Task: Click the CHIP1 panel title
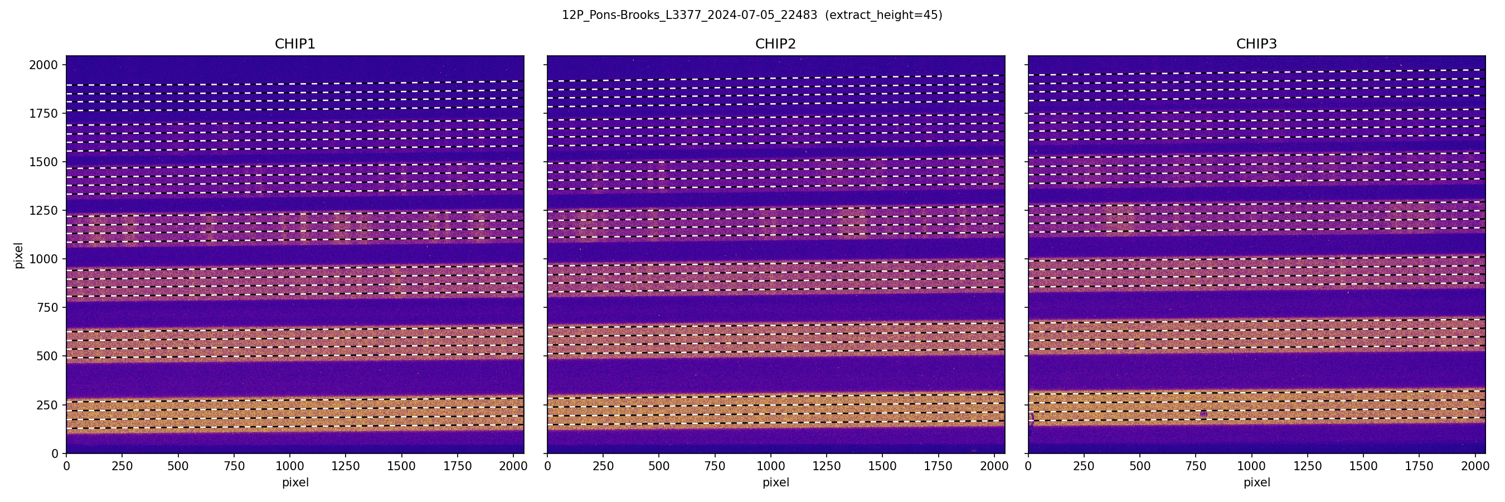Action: point(295,44)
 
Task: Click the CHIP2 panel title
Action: point(775,44)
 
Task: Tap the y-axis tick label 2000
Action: point(44,65)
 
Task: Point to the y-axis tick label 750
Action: point(47,307)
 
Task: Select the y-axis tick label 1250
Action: point(44,210)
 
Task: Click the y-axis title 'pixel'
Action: point(19,255)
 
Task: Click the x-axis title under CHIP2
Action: point(775,482)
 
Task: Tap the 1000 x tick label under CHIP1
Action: point(290,466)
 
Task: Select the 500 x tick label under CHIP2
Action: point(659,466)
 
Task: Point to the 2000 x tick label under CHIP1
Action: point(513,466)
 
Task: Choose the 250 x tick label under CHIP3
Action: point(1084,466)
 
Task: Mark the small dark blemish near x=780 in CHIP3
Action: point(1203,414)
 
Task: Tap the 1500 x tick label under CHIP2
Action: point(882,466)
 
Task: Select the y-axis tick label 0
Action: point(55,453)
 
